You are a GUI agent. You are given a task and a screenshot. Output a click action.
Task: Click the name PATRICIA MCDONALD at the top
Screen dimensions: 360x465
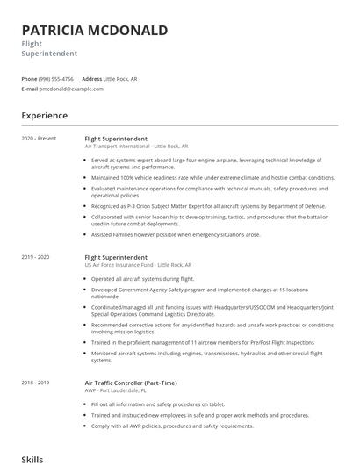coord(94,31)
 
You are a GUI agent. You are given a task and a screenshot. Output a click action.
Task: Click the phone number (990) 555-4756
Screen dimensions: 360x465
coord(56,78)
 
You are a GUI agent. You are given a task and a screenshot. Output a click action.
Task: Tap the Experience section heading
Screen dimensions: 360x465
coord(45,115)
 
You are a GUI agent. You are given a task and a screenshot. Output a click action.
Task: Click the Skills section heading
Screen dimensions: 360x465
coord(32,459)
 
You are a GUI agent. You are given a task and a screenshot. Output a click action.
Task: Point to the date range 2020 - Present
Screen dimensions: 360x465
coord(39,139)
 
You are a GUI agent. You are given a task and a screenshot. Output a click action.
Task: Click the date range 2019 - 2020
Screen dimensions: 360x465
coord(36,257)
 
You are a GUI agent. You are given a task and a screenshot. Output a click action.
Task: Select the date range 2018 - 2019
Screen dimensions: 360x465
coord(36,383)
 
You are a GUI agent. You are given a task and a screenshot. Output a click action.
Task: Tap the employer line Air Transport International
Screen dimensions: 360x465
coord(135,146)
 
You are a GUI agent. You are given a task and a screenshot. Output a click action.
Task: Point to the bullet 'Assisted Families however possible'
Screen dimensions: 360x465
coord(176,234)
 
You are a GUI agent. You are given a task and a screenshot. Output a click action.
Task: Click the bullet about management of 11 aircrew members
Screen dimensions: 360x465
coord(202,342)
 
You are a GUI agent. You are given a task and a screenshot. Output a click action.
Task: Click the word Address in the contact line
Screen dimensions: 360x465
coord(92,78)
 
